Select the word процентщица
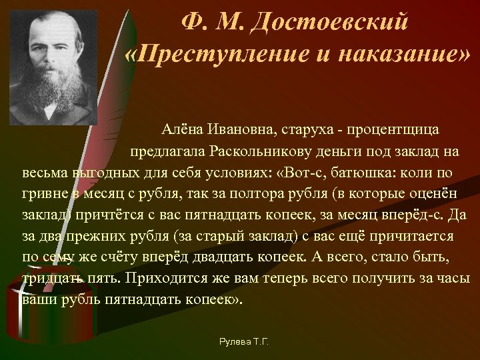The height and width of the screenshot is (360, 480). coord(383,127)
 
